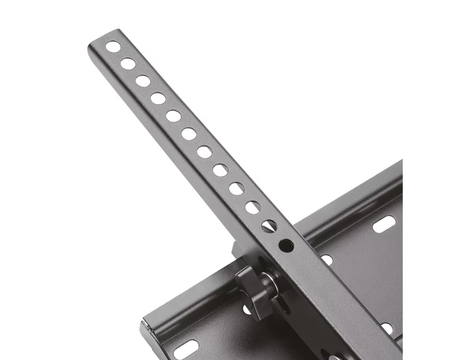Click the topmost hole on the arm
coord(113,46)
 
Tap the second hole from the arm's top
coord(128,63)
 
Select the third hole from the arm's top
coord(143,81)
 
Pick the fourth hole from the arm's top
coord(158,98)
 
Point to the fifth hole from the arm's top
coord(173,116)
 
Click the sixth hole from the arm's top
coord(189,134)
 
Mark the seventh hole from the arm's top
coord(205,152)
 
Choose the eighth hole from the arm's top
coord(220,170)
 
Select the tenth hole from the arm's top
coord(253,207)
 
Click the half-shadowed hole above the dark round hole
coord(270,226)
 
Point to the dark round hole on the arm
coord(286,245)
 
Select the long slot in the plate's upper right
coord(384,224)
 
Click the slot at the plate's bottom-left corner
coord(186,350)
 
